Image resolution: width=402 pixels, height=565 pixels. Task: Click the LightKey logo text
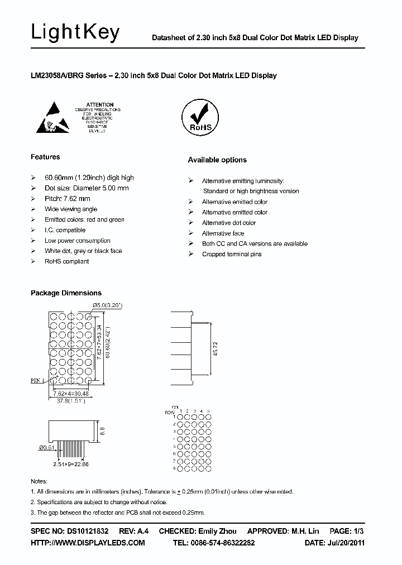click(x=75, y=33)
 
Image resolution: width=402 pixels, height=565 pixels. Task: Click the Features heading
click(x=45, y=157)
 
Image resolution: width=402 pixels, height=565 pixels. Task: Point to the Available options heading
click(x=217, y=160)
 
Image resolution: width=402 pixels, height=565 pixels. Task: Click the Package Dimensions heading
click(x=66, y=293)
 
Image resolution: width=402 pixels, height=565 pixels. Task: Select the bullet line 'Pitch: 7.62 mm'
click(x=67, y=199)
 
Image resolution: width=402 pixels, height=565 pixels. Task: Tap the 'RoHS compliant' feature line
click(x=67, y=261)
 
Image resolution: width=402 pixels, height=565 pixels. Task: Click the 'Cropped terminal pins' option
click(x=231, y=254)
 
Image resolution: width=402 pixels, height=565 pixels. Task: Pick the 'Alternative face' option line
click(x=223, y=233)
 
